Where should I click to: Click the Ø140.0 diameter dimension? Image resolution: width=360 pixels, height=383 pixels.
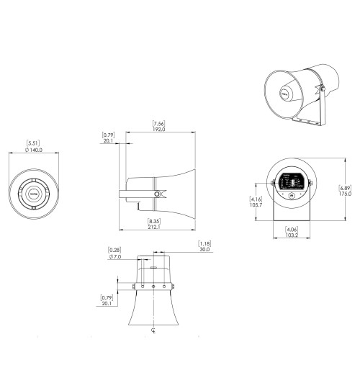pos(33,150)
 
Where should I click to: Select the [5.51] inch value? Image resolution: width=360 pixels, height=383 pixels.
pos(33,143)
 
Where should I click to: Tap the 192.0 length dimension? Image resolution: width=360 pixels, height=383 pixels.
pos(159,130)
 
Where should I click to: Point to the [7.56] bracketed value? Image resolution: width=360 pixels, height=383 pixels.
pos(159,123)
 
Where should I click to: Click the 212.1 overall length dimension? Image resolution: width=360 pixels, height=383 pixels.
pos(153,227)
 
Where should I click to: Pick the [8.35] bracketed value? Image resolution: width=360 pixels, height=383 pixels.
pos(153,220)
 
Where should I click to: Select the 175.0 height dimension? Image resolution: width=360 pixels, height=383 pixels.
pos(346,194)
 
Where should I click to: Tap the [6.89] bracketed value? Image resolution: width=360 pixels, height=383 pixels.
pos(346,187)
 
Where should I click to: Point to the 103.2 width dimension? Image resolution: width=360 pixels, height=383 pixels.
pos(292,235)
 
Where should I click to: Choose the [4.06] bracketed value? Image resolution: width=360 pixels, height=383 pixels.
pos(292,229)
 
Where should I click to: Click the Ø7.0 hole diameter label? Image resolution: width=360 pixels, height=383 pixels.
pos(114,256)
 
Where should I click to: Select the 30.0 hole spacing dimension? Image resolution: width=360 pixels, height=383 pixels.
pos(204,250)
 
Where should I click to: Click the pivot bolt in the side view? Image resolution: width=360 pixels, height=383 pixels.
pos(156,194)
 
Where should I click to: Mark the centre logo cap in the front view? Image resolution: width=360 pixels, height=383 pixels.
pos(33,193)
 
